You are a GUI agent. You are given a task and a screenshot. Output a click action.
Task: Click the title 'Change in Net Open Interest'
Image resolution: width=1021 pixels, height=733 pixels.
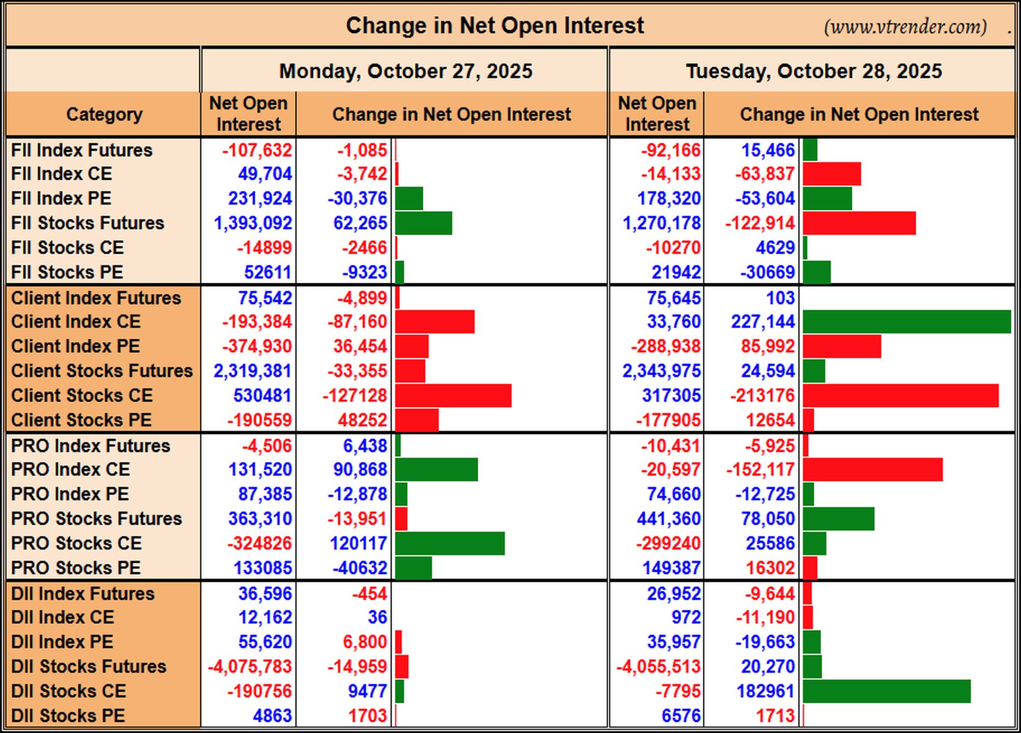[x=495, y=26]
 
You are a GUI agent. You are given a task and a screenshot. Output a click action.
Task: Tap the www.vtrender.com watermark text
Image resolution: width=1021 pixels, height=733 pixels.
[x=905, y=27]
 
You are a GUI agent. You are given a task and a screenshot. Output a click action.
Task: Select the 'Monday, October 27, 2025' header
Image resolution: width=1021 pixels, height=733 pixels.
[x=406, y=71]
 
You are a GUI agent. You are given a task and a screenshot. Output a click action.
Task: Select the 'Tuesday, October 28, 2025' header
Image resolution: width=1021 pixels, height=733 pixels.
[x=814, y=71]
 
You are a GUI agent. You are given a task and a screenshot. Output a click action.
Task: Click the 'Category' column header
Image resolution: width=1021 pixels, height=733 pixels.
[x=104, y=114]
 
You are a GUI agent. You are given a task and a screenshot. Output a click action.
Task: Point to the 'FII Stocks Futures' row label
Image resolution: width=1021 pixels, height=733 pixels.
[x=88, y=223]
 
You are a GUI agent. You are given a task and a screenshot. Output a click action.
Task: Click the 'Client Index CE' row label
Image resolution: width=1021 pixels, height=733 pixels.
[x=76, y=322]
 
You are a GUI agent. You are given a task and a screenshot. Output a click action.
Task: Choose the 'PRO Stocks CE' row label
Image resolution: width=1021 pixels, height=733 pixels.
[x=77, y=543]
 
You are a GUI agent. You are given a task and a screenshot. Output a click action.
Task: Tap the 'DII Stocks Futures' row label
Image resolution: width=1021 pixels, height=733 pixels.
[x=89, y=667]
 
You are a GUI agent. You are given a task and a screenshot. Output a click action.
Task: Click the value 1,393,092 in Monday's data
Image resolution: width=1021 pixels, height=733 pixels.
[x=253, y=223]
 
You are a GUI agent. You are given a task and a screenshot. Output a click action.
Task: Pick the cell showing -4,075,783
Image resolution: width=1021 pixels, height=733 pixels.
[x=250, y=667]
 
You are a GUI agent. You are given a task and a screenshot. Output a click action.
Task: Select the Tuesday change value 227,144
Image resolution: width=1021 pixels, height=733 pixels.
[x=763, y=322]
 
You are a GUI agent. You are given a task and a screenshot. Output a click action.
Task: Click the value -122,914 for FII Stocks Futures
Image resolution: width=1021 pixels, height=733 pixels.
[x=760, y=223]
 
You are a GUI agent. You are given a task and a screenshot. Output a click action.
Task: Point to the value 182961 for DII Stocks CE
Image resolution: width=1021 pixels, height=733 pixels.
[x=766, y=691]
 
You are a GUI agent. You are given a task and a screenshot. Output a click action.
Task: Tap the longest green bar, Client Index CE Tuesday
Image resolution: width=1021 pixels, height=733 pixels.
[x=907, y=322]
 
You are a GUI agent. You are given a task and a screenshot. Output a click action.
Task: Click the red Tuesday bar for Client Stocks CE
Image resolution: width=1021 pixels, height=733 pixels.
[x=901, y=396]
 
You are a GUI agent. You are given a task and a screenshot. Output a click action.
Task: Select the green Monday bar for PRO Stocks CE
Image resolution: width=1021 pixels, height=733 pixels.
[x=450, y=543]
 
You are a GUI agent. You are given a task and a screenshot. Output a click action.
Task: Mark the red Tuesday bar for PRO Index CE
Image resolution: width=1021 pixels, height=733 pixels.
[x=872, y=470]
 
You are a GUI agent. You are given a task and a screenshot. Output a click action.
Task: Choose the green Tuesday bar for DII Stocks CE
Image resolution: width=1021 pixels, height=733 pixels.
[x=887, y=691]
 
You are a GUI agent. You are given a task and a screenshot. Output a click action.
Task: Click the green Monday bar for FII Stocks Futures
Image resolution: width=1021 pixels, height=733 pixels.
[x=423, y=223]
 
